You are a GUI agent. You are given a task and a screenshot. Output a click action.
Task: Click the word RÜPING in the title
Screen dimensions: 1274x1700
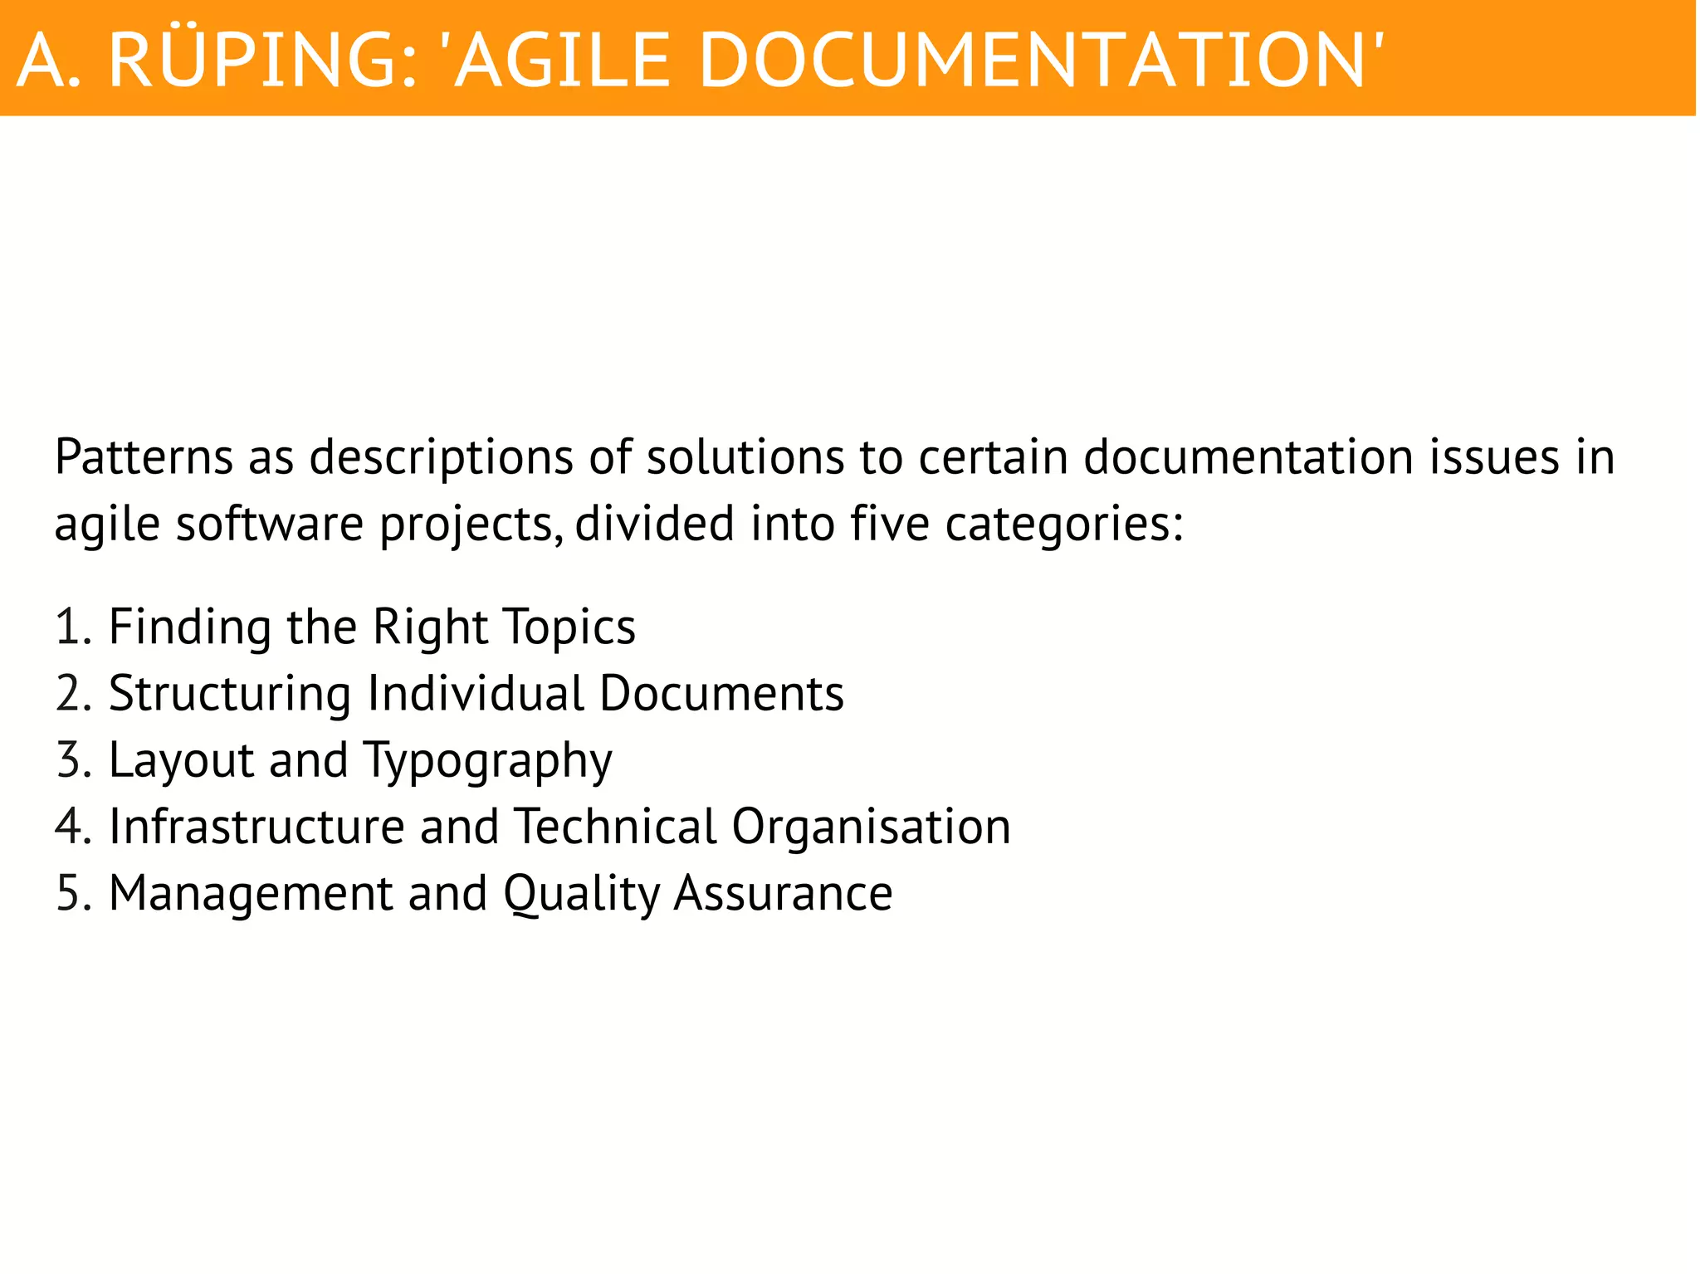pos(262,60)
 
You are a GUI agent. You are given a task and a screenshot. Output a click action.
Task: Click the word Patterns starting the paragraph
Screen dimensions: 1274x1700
pos(144,457)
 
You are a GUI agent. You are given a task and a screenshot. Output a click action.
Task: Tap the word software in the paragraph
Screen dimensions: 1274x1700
pos(270,525)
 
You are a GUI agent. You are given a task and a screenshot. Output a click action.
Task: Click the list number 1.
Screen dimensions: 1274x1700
pos(71,627)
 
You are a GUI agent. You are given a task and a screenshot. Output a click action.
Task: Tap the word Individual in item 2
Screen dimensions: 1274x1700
pos(476,693)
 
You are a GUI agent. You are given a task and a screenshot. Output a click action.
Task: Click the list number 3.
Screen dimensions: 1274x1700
pos(71,760)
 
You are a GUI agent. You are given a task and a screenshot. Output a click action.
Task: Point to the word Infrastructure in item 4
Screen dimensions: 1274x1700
pos(256,827)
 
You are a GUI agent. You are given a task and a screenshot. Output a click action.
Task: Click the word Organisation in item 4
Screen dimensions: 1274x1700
pos(872,828)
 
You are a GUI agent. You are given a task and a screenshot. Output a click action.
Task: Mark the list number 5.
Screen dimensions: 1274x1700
pos(71,894)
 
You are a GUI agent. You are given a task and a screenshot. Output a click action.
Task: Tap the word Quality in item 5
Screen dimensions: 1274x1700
pos(581,895)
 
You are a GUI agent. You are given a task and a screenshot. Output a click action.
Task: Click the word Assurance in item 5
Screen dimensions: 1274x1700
pos(783,894)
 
